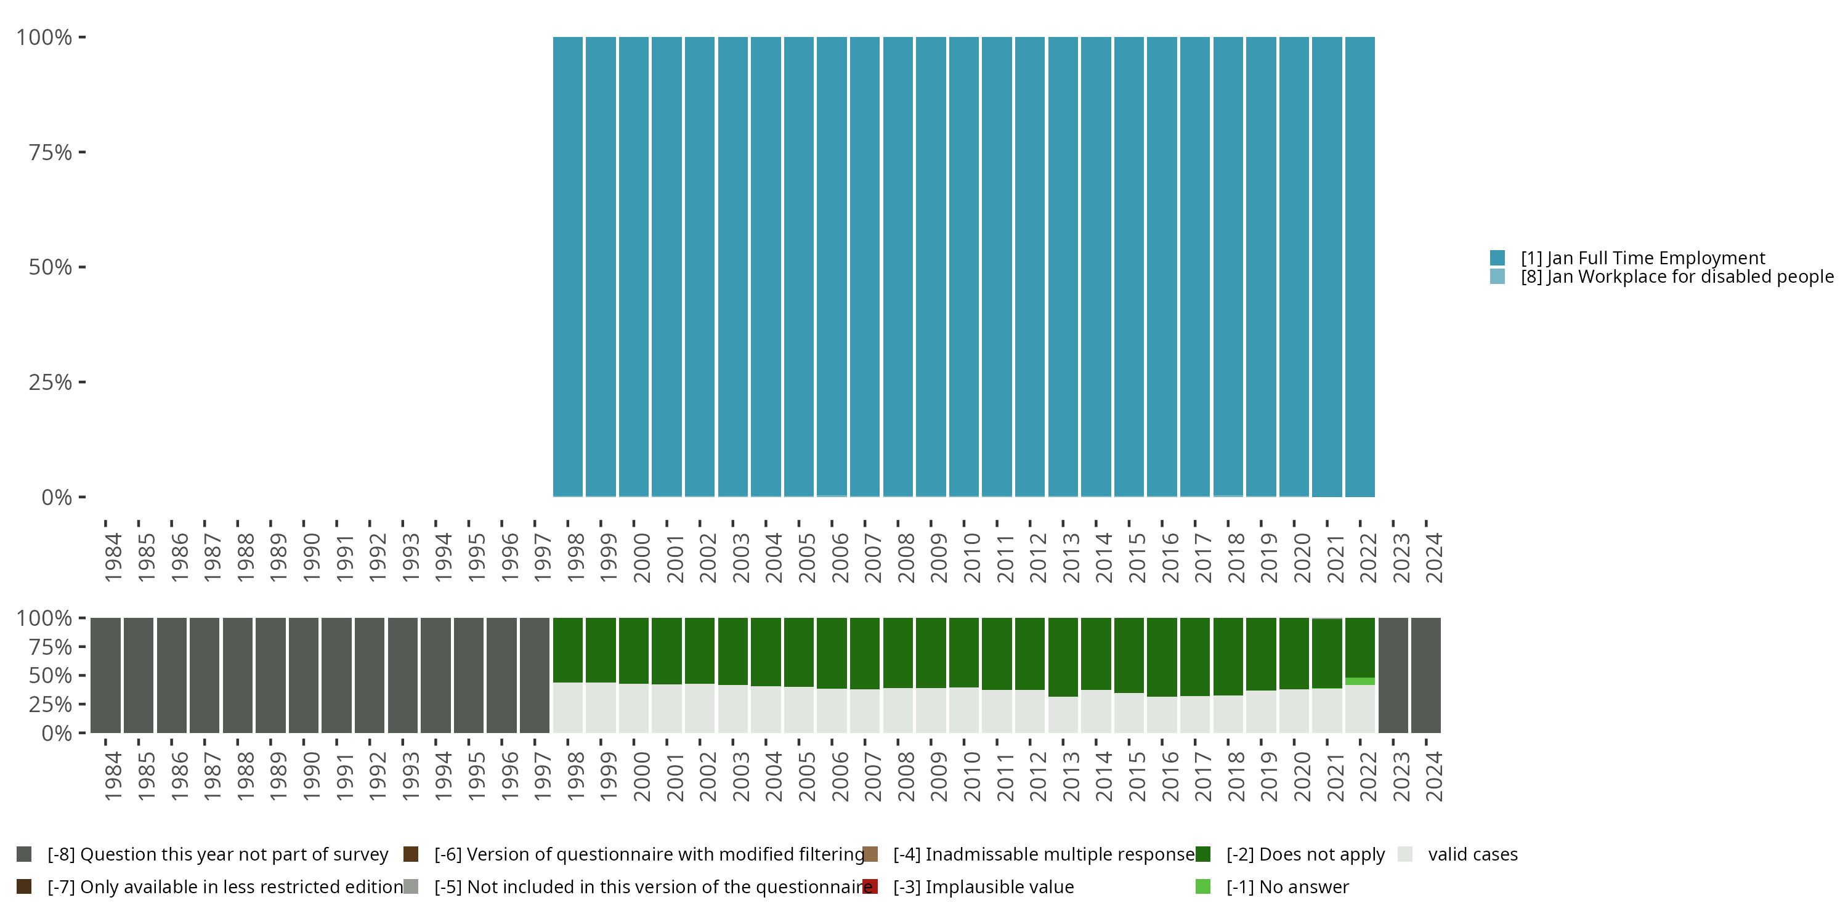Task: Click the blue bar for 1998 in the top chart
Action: point(567,266)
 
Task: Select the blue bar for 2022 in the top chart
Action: point(1360,266)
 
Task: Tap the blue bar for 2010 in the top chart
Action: point(963,266)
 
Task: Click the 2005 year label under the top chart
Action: point(806,557)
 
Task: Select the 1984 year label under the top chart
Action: point(113,557)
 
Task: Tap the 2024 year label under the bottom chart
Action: point(1433,776)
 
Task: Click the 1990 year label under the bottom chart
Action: point(310,776)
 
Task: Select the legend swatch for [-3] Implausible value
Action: point(870,886)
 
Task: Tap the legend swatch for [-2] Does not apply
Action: point(1203,854)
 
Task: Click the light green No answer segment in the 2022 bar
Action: point(1360,681)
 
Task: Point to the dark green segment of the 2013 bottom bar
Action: point(1063,657)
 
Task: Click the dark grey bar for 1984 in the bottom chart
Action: point(105,675)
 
